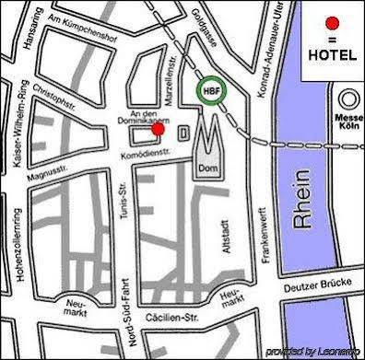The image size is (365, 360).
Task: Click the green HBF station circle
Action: coord(209,91)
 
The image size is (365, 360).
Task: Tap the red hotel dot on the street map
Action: coord(157,129)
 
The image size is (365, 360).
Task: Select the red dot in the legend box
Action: coord(333,22)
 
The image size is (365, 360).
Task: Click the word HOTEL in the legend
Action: coord(333,56)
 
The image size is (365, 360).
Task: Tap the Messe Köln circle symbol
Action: coord(349,99)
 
